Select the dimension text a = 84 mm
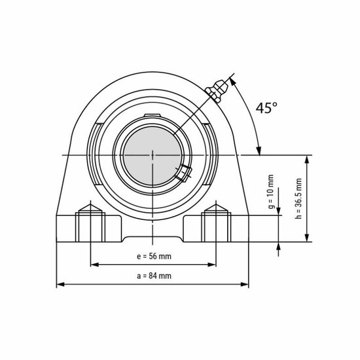click(x=154, y=276)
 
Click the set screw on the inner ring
click(x=182, y=173)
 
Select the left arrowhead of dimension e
click(x=93, y=264)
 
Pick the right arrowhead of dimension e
click(x=212, y=264)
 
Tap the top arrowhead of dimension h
click(x=308, y=159)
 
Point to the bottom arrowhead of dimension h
click(x=308, y=239)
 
